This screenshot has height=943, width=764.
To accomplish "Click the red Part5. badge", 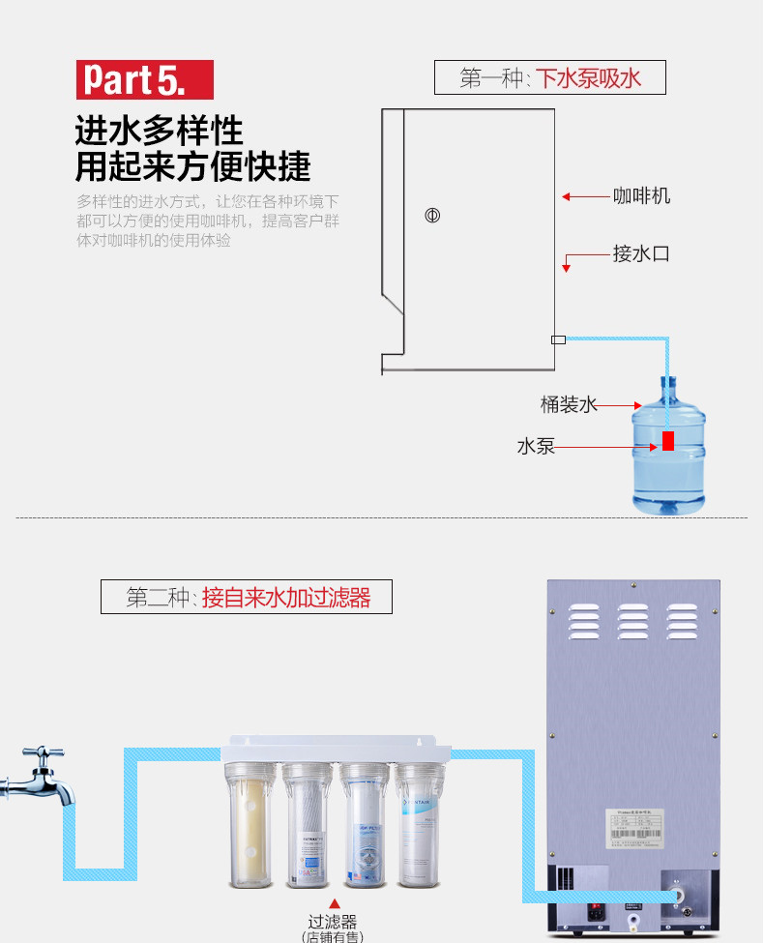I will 145,79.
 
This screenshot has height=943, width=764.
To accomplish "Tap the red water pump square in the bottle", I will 668,441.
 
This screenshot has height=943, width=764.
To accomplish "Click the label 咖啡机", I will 641,196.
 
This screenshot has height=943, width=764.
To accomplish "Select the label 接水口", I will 641,254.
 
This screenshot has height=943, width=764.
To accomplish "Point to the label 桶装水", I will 569,404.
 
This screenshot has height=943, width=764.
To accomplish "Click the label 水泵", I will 536,447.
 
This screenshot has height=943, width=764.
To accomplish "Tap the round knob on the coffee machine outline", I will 432,215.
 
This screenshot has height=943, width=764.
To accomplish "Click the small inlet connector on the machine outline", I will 558,339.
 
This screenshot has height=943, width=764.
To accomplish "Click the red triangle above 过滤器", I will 335,903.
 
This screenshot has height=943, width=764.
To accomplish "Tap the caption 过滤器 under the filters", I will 334,922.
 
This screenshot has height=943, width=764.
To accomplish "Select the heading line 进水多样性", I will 159,130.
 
